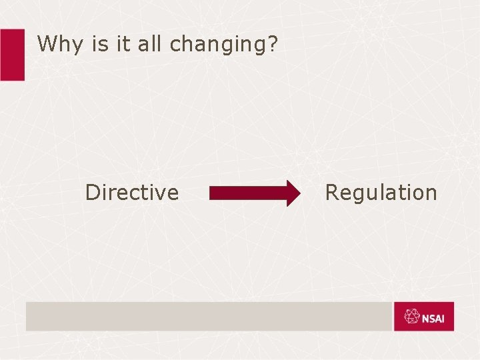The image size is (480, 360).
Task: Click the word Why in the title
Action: coord(57,45)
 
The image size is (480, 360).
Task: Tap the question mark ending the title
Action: coord(273,44)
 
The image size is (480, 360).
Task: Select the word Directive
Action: coord(132,193)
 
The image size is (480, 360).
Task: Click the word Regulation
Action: coord(381,193)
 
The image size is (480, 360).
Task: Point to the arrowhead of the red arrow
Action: coord(292,193)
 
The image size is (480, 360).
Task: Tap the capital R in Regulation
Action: coord(331,193)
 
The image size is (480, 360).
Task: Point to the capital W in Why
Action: coord(47,44)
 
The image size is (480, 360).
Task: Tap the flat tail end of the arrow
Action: coord(211,193)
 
